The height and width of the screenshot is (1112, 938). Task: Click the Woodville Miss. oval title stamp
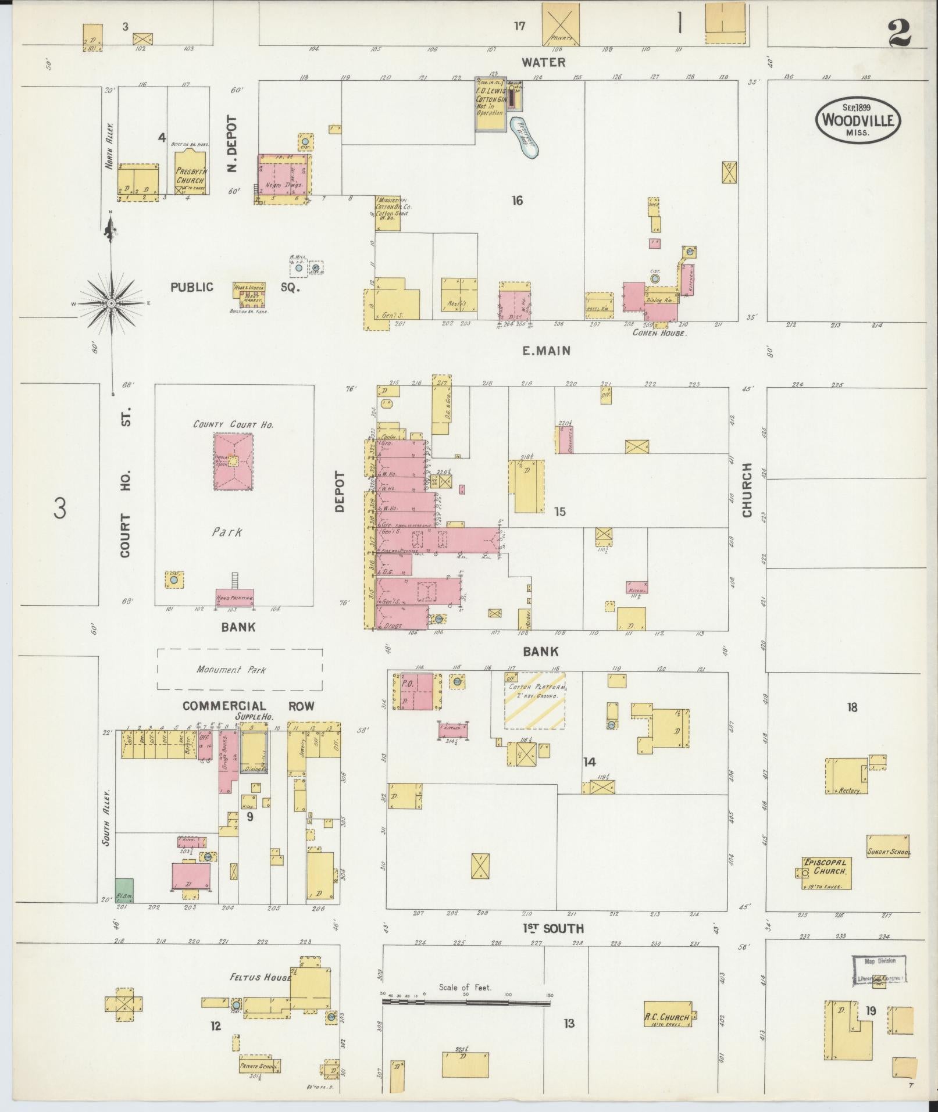[x=858, y=120]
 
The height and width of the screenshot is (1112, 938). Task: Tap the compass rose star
[x=110, y=303]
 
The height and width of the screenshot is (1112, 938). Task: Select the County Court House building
[x=234, y=462]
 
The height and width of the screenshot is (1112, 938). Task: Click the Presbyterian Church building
[x=190, y=173]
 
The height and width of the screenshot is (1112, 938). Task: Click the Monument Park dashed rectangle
[x=240, y=669]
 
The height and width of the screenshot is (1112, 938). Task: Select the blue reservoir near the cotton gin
[x=525, y=138]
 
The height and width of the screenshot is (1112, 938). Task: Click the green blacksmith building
[x=124, y=890]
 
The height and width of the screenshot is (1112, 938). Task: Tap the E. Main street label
[x=545, y=351]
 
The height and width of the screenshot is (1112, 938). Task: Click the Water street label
[x=543, y=62]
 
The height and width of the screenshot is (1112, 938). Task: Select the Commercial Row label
[x=248, y=706]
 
